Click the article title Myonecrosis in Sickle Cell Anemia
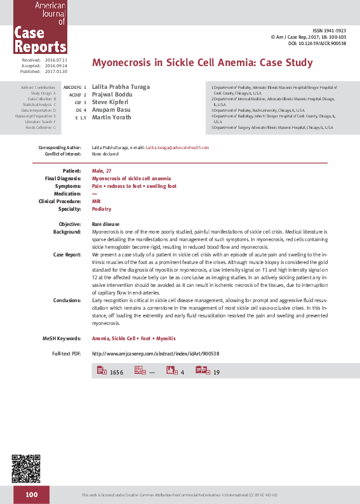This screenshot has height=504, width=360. click(203, 63)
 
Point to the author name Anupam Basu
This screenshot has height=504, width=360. click(111, 110)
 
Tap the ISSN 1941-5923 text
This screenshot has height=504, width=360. click(330, 30)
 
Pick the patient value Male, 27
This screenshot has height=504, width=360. click(102, 171)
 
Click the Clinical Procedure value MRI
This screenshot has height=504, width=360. click(97, 201)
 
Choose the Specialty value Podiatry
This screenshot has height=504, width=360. click(102, 209)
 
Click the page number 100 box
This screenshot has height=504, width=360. click(33, 493)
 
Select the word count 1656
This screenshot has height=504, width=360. click(116, 372)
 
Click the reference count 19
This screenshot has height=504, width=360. click(217, 372)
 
